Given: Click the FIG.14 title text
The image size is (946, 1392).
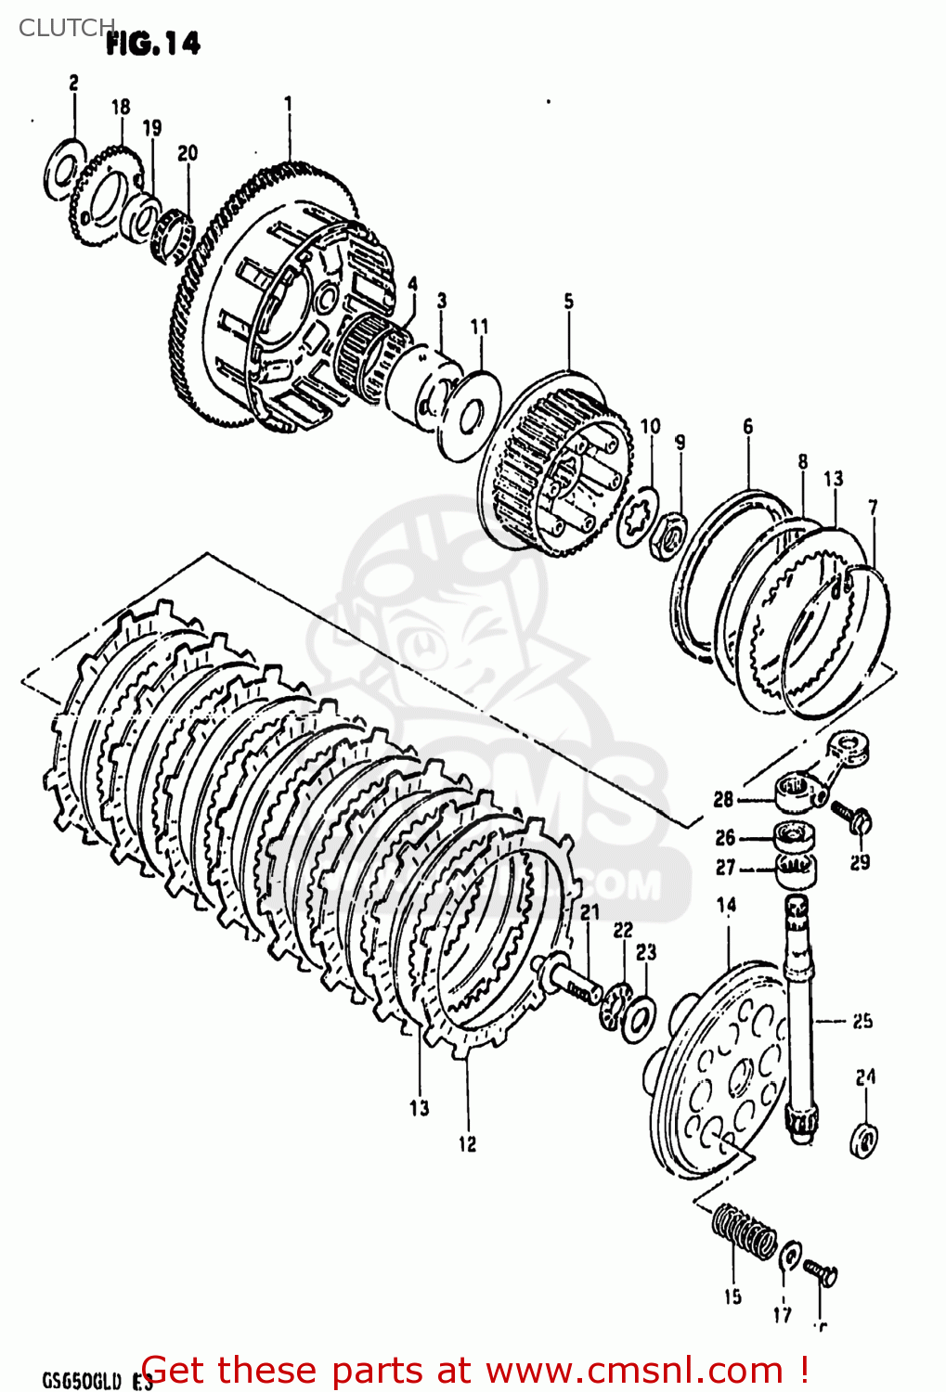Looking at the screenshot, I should tap(153, 44).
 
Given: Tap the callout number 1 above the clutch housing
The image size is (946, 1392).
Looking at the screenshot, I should tap(289, 103).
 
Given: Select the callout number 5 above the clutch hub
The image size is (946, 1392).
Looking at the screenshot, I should tap(568, 301).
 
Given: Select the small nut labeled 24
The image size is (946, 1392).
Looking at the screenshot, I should tap(864, 1139).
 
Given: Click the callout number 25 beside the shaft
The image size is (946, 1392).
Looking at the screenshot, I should tap(862, 1021).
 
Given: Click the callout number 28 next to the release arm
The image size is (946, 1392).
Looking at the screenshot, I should tap(723, 799).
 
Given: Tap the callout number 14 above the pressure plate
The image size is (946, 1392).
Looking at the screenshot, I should tap(726, 904).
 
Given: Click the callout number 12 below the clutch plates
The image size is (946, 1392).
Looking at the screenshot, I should tap(467, 1144).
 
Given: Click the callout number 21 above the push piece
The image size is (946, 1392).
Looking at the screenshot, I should tap(590, 913).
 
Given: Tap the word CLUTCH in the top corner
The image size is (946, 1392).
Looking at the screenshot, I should tap(66, 28).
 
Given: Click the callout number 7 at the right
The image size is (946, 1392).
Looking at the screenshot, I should tap(873, 508).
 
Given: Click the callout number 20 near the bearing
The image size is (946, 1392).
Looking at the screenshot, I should tap(188, 152).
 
